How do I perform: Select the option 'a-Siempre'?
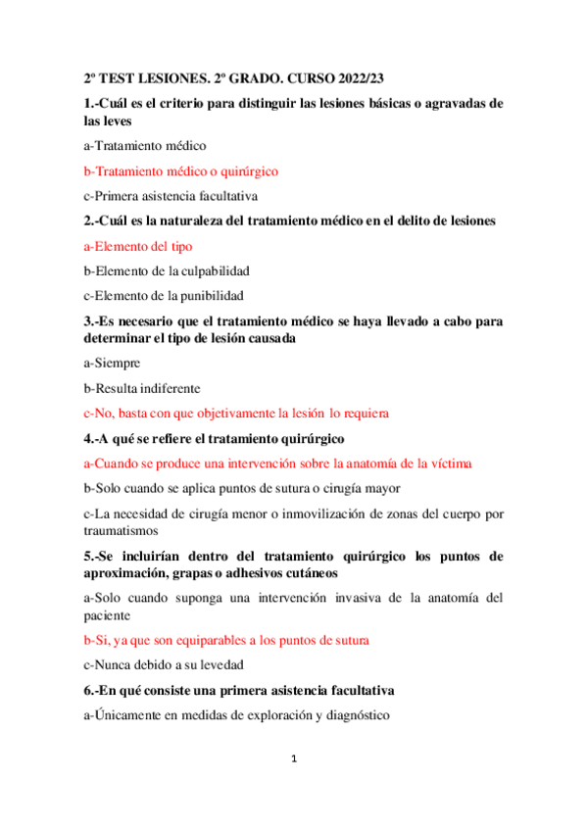pos(112,363)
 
